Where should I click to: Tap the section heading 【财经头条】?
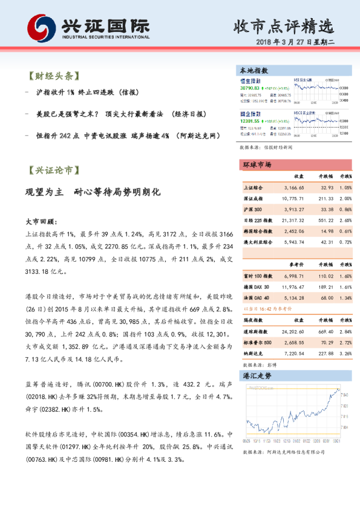point(54,76)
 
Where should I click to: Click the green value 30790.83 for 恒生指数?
point(249,88)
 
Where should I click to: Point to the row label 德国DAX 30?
point(257,287)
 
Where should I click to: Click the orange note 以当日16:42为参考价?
point(266,308)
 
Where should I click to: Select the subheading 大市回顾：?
point(41,222)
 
